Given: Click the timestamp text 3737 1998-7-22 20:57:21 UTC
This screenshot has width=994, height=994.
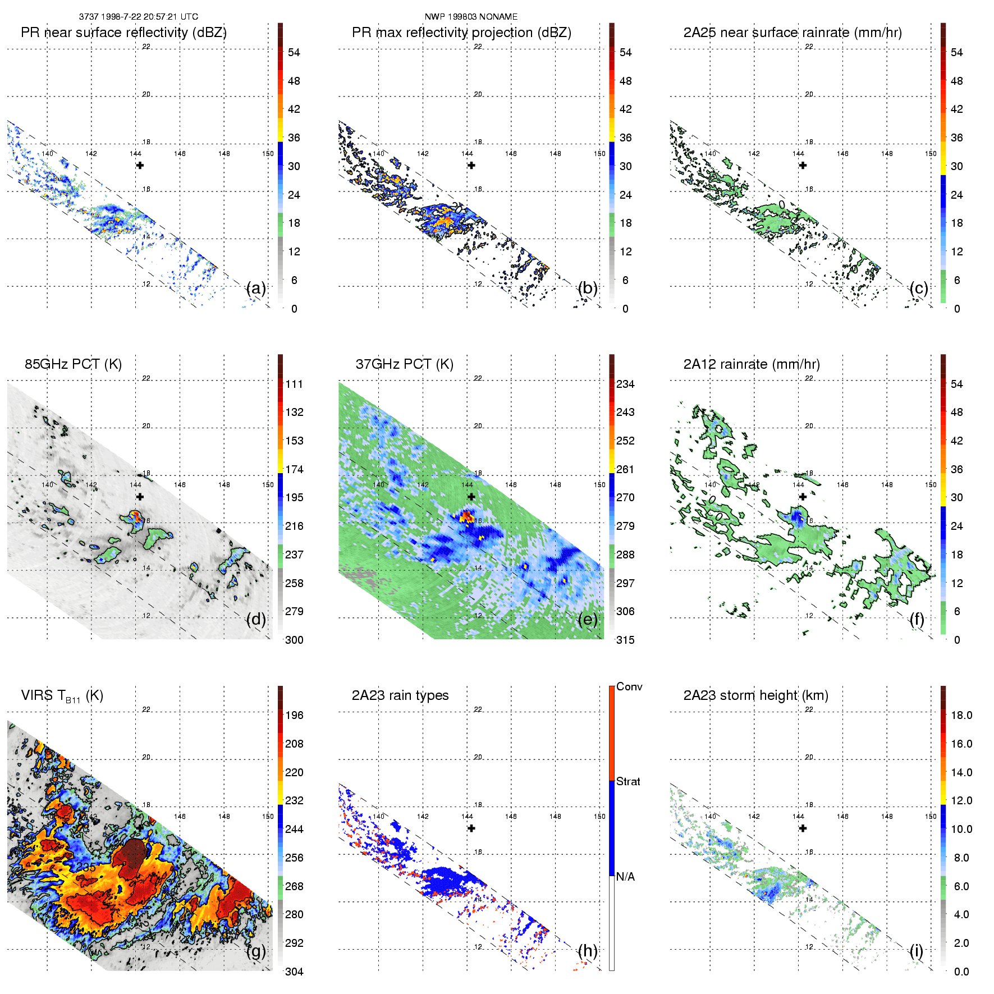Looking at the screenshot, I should [x=138, y=17].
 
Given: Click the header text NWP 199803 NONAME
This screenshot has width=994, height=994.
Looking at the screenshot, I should [x=471, y=17].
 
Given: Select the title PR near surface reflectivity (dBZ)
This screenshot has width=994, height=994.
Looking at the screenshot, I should [x=123, y=33].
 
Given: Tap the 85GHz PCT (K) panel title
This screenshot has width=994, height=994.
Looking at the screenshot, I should [x=73, y=364].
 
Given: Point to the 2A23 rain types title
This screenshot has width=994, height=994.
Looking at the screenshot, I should [x=400, y=695].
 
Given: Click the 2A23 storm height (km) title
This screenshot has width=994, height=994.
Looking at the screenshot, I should [x=755, y=695].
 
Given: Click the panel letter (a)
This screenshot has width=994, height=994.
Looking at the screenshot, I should [x=256, y=288].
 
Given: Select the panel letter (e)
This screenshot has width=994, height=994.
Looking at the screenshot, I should [x=588, y=620].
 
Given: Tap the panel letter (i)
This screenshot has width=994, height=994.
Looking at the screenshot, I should [x=916, y=951].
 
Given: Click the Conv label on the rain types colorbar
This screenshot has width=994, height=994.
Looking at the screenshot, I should [x=629, y=686].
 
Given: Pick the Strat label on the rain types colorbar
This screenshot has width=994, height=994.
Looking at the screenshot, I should [x=628, y=781].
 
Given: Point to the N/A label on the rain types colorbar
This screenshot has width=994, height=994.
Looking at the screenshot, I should [x=625, y=877].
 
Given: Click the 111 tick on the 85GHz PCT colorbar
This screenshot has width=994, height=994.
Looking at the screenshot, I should [x=294, y=384].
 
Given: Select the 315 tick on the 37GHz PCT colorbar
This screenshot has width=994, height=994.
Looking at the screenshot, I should [x=625, y=640].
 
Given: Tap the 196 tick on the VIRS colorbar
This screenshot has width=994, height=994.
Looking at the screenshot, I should [x=294, y=715].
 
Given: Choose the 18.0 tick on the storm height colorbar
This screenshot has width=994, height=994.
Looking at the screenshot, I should [x=961, y=715].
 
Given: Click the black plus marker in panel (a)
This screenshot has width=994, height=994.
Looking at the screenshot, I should [x=140, y=165].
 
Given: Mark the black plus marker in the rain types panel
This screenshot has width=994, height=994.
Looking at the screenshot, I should [x=471, y=828].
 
